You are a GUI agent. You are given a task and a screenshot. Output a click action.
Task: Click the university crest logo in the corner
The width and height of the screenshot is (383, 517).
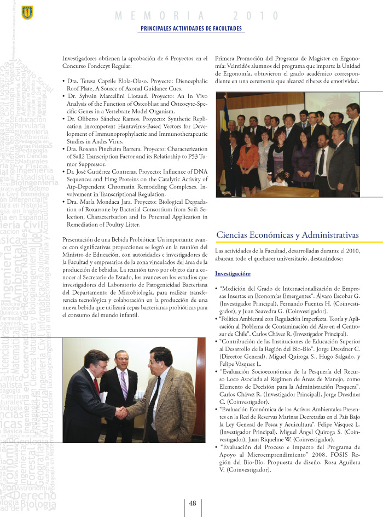tap(27, 11)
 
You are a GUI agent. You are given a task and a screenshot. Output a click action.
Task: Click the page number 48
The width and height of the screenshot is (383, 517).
tap(193, 503)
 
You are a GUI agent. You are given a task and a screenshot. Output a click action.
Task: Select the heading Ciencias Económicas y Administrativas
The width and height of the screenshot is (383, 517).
tap(287, 235)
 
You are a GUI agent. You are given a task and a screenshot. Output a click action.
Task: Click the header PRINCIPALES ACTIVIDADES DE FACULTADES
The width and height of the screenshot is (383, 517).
tap(191, 28)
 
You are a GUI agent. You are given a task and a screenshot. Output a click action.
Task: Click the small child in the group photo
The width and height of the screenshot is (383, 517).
tap(281, 178)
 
